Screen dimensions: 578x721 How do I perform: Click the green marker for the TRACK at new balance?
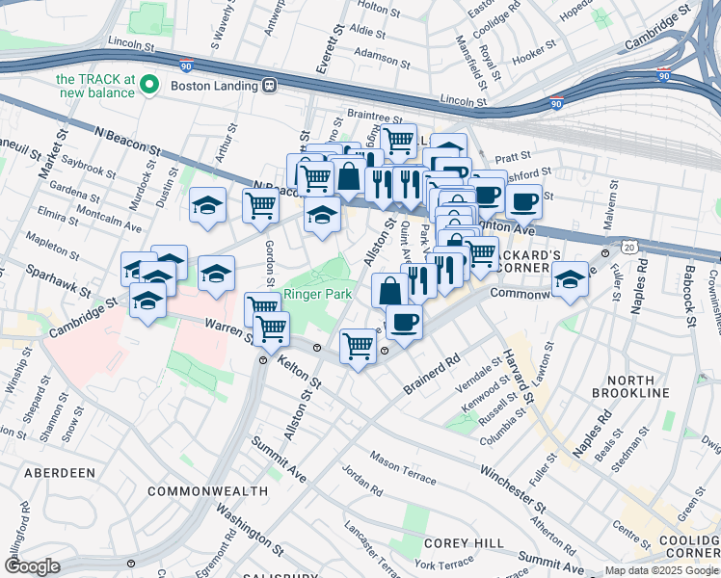tap(149, 86)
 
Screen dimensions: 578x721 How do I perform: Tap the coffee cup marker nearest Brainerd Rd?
tap(404, 321)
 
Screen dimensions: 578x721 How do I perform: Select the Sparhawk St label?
tap(58, 280)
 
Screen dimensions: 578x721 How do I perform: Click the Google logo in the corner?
tap(32, 566)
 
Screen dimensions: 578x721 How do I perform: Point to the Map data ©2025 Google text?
tap(660, 570)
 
